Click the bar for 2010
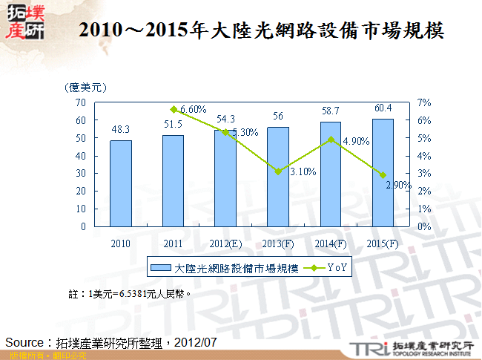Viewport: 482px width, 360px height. click(x=121, y=183)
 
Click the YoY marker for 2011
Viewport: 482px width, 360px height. click(x=173, y=109)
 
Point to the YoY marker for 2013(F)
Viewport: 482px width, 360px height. click(x=278, y=171)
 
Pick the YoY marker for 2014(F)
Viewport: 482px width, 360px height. click(x=331, y=140)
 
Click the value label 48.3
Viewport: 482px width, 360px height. click(x=121, y=129)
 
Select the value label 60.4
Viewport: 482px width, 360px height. click(x=383, y=108)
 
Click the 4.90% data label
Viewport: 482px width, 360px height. click(x=355, y=142)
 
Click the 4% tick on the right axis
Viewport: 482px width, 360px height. click(x=423, y=156)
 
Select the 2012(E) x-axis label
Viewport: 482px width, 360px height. click(x=225, y=243)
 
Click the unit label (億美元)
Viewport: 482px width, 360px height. click(x=85, y=88)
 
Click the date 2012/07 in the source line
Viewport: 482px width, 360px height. click(x=199, y=342)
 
